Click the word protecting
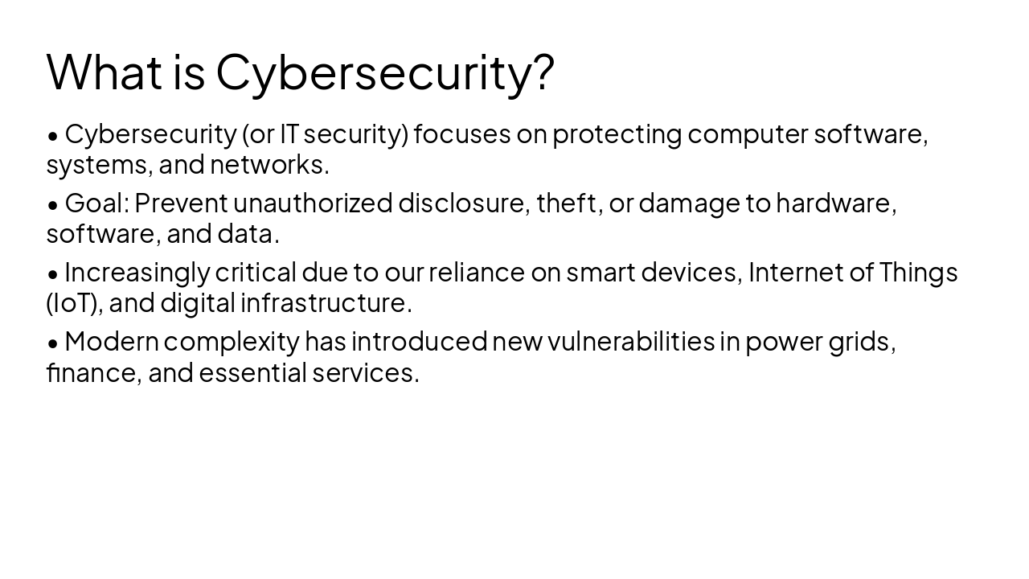click(x=617, y=134)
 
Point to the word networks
click(x=269, y=165)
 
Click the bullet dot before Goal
click(x=53, y=205)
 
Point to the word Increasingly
click(x=137, y=273)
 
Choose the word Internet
click(x=796, y=273)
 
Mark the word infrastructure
click(x=325, y=303)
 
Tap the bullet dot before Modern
click(x=53, y=343)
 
